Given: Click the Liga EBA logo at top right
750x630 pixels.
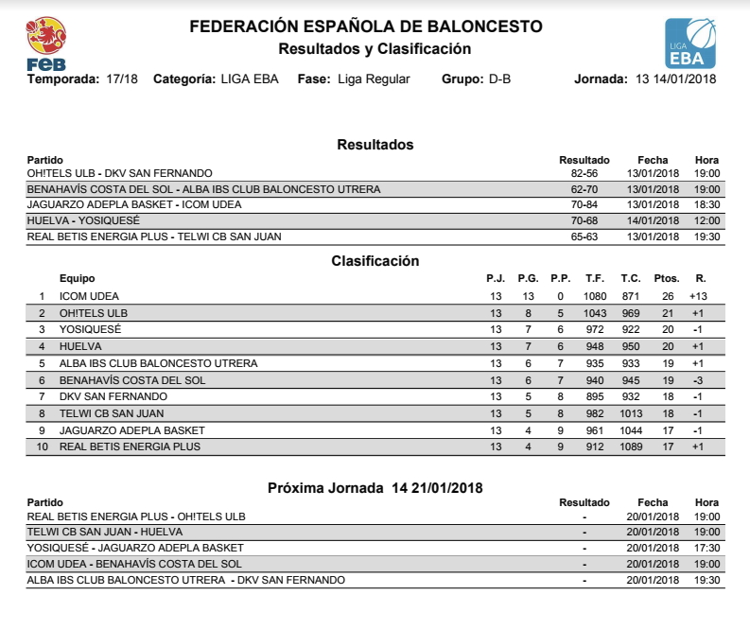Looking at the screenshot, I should coord(690,44).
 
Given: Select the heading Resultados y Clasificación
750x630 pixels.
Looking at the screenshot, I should coord(375,48).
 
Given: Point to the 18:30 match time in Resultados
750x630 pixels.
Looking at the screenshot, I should coord(706,204).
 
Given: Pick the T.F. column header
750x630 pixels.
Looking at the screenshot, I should coord(595,279).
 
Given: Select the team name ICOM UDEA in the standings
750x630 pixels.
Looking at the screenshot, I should coord(89,297).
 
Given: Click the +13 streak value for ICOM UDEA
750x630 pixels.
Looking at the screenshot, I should coord(700,297).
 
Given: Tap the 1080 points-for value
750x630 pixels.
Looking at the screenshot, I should coord(594,297).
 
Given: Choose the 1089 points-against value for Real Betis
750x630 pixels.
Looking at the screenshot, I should coord(631,447).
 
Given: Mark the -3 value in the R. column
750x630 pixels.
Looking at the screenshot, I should coord(700,380).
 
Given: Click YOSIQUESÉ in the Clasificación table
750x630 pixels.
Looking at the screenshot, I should coord(90,330).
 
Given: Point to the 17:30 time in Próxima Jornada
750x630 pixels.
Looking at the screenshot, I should coord(706,548).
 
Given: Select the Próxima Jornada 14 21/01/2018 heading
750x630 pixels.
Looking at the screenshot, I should coord(375,488).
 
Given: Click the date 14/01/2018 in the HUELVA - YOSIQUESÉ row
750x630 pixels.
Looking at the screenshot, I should coord(653,220).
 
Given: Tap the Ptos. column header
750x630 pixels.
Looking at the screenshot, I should coord(667,279).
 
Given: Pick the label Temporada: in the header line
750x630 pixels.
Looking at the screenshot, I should coord(62,79).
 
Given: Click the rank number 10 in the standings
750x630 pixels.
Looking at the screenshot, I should coord(41,447).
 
